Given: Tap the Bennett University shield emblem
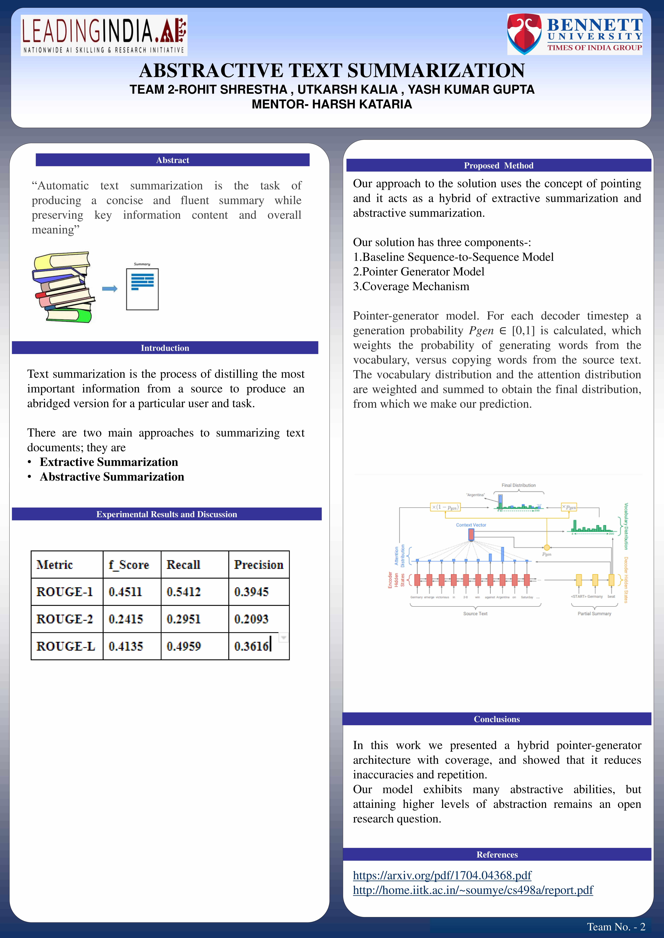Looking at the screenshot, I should [x=525, y=34].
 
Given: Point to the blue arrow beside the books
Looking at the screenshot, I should [x=110, y=289].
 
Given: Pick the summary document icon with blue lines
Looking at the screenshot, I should [x=142, y=288].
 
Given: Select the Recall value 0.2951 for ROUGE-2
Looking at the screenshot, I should [x=184, y=619].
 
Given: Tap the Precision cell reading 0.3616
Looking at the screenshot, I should [x=251, y=646].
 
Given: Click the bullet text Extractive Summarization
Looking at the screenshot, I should [x=109, y=462].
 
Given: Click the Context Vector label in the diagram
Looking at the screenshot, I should [x=471, y=525].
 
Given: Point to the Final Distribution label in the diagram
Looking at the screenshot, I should [x=518, y=485].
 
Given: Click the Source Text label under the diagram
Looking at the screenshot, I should [x=475, y=614].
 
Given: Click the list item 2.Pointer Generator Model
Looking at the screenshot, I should [x=419, y=272].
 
